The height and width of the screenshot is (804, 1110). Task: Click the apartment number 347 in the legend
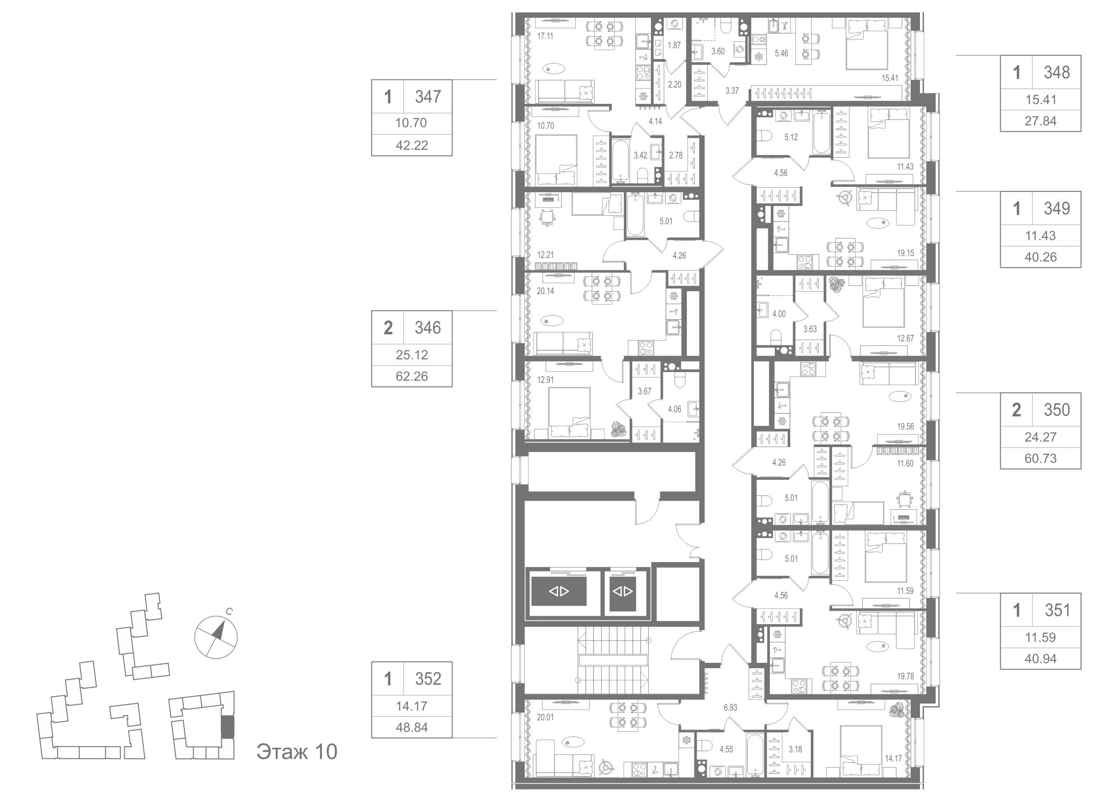(428, 97)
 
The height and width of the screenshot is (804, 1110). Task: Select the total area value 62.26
(412, 376)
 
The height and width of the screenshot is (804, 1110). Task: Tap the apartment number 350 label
(1057, 410)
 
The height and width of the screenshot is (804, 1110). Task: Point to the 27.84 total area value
(1040, 121)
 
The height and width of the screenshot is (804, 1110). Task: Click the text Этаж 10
(297, 751)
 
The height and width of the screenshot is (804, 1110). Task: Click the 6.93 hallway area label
(730, 708)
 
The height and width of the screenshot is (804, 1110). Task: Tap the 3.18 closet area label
(795, 749)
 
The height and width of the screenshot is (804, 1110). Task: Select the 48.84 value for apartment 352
(412, 727)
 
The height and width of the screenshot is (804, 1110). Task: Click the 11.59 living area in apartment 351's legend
(1040, 637)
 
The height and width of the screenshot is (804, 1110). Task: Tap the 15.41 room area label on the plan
(890, 77)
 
